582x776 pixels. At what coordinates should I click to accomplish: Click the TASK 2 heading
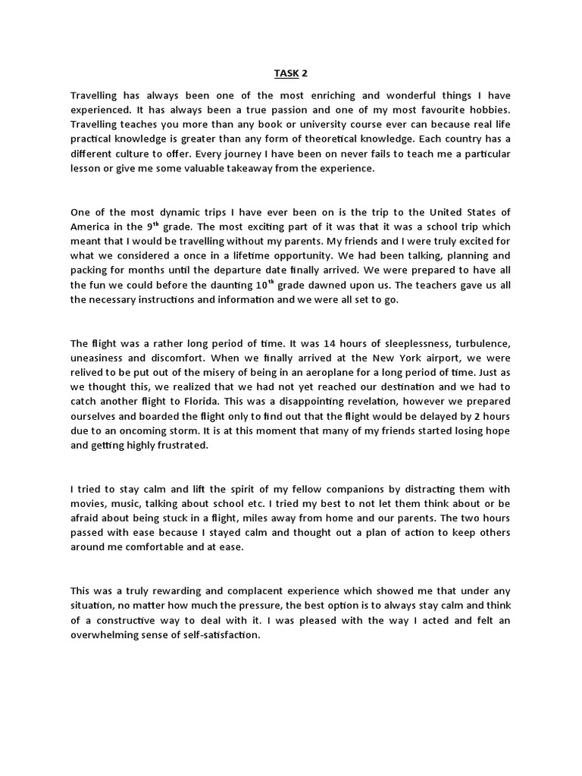click(x=292, y=74)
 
